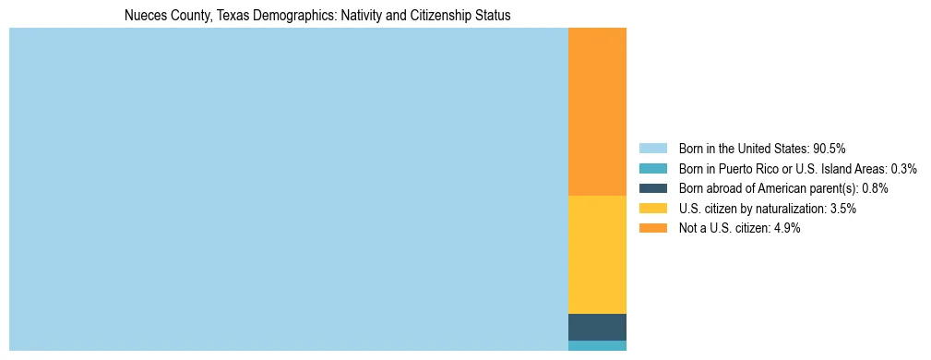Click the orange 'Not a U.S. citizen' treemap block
coord(597,112)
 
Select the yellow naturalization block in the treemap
coord(597,255)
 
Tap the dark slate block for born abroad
coord(597,327)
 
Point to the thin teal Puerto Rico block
coord(597,346)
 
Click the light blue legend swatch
coord(652,148)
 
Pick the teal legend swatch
coord(652,168)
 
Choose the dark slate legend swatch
coord(652,188)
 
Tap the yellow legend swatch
coord(652,209)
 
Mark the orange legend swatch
coord(652,228)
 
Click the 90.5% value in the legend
coord(829,148)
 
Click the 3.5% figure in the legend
coord(841,209)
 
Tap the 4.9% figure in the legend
coord(786,228)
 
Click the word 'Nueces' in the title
coord(144,16)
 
